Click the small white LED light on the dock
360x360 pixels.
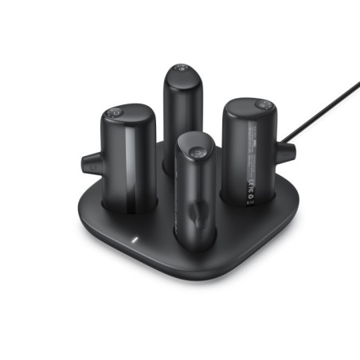coord(135,239)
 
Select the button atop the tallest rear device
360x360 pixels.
coord(182,70)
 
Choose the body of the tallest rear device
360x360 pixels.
coord(183,112)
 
